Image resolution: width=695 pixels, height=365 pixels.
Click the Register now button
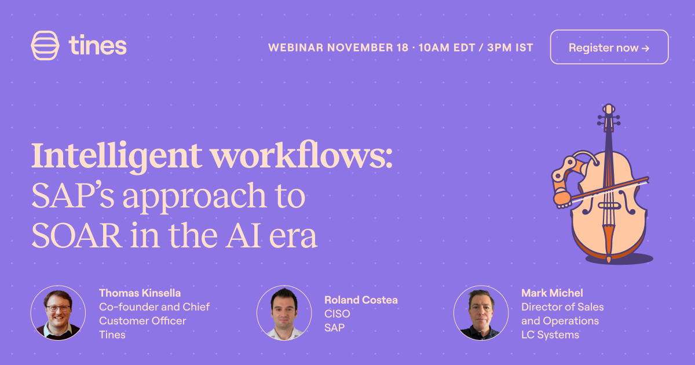pyautogui.click(x=609, y=48)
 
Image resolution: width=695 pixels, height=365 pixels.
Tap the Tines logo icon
pyautogui.click(x=45, y=46)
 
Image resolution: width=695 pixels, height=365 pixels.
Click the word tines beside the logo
pyautogui.click(x=97, y=46)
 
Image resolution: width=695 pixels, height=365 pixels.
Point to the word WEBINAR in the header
pyautogui.click(x=296, y=48)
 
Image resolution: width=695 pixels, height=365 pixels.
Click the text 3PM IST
pyautogui.click(x=510, y=48)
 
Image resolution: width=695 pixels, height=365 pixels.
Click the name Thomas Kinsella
pyautogui.click(x=140, y=293)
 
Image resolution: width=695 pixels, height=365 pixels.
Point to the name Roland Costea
pyautogui.click(x=361, y=300)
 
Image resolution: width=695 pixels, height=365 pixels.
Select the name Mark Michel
pyautogui.click(x=552, y=293)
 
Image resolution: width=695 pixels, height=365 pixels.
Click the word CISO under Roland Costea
pyautogui.click(x=337, y=314)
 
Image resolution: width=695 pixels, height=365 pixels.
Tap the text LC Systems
pyautogui.click(x=550, y=335)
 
